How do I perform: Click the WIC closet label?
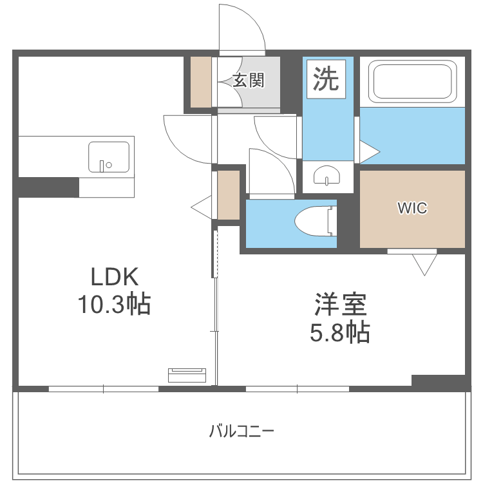(412, 208)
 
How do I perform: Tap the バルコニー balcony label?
(241, 430)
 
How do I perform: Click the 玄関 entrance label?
(248, 80)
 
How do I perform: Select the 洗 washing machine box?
(326, 79)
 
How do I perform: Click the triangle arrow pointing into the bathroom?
(368, 153)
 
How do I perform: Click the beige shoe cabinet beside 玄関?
(201, 82)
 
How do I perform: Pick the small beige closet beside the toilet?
(228, 195)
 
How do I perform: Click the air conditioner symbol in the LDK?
(187, 374)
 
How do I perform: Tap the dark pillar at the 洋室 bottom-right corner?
(438, 381)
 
